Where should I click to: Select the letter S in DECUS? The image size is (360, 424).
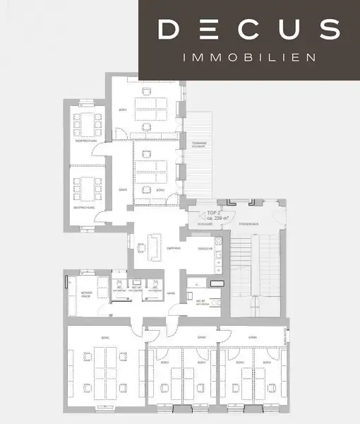coord(328,29)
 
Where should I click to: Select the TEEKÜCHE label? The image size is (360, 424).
coord(205,249)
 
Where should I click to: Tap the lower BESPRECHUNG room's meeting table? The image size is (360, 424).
coord(88,188)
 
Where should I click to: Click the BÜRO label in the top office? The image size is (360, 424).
coord(123,110)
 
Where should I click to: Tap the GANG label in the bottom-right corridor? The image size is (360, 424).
coord(251,337)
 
